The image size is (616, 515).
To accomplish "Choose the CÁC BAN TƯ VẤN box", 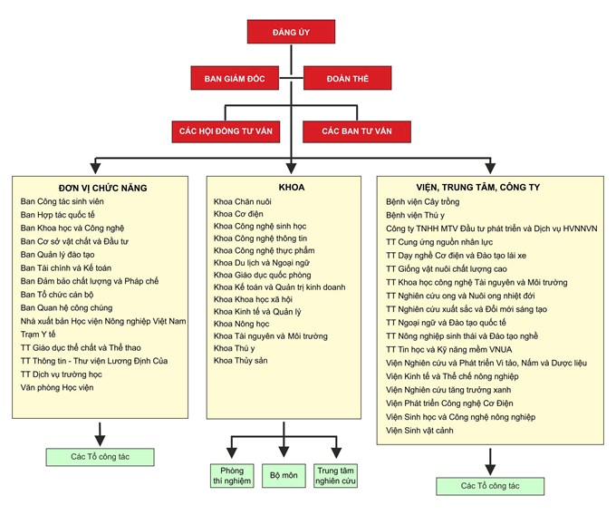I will coord(356,131).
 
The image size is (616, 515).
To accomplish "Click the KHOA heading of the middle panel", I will coord(292,188).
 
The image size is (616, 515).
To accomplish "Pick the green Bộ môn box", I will coord(284,475).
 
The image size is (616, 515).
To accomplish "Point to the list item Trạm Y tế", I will coord(38,334).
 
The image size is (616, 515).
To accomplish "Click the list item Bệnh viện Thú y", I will coord(416,216).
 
